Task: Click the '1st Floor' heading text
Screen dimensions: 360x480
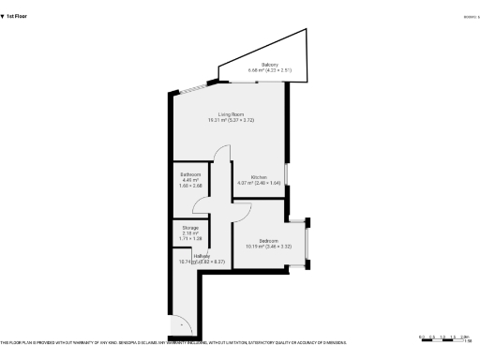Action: pyautogui.click(x=17, y=16)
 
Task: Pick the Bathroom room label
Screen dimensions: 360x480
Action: pyautogui.click(x=190, y=174)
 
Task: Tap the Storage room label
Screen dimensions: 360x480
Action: pyautogui.click(x=190, y=228)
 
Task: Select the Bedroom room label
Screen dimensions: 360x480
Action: pyautogui.click(x=268, y=239)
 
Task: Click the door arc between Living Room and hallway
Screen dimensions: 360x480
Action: pyautogui.click(x=222, y=157)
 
